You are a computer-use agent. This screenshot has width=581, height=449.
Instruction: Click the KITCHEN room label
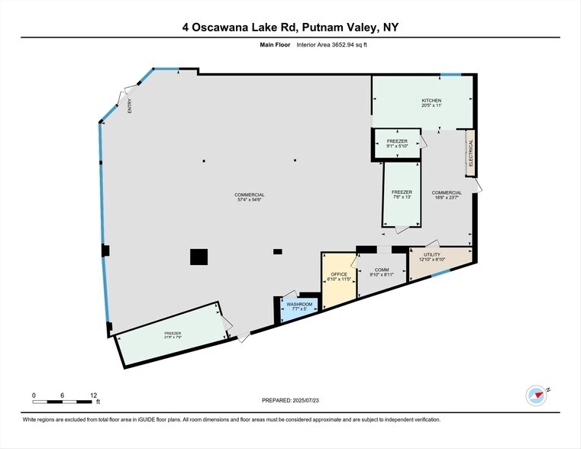coord(431,103)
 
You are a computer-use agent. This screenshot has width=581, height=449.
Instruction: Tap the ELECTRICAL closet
coord(471,153)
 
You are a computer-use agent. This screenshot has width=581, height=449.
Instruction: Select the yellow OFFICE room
coord(338,277)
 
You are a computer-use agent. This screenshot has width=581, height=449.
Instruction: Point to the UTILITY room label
coord(433,257)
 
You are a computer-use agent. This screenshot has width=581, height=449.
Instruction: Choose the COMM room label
coord(382,270)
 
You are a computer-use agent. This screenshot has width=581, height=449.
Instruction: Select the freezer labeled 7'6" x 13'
coord(402,195)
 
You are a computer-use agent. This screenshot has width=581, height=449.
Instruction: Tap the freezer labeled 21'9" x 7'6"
coord(173,336)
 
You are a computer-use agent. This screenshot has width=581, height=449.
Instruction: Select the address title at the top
coord(290,27)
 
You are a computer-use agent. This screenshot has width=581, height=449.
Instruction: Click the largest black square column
coord(199,257)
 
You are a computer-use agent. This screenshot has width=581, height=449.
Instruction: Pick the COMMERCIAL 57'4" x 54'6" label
coord(250,197)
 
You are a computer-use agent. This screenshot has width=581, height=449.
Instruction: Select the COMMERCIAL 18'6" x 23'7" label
coord(447,195)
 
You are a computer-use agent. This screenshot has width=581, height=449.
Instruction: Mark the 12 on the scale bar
coord(93,395)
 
